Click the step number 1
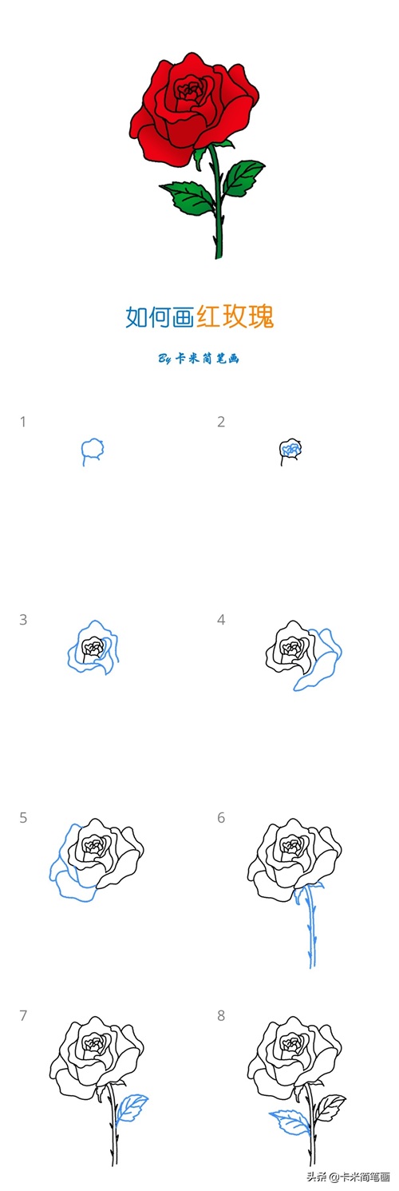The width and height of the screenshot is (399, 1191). [x=23, y=423]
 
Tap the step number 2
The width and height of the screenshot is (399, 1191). [x=221, y=423]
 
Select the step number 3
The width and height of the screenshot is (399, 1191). [x=23, y=620]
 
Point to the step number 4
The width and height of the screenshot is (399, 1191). [x=221, y=620]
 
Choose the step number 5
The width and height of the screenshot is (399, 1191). [x=23, y=818]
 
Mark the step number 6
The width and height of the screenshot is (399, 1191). [x=221, y=818]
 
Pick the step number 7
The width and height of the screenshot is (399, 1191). [x=23, y=1015]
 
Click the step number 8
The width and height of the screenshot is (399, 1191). [x=221, y=1015]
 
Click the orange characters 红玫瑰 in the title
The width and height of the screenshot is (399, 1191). [x=235, y=317]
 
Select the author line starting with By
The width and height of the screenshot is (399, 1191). [x=199, y=359]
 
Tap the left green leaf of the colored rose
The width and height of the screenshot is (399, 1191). [x=188, y=197]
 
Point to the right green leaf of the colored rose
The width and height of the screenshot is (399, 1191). [x=242, y=177]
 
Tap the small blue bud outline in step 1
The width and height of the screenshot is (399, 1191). [x=92, y=451]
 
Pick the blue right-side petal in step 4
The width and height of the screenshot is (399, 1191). [x=318, y=659]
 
